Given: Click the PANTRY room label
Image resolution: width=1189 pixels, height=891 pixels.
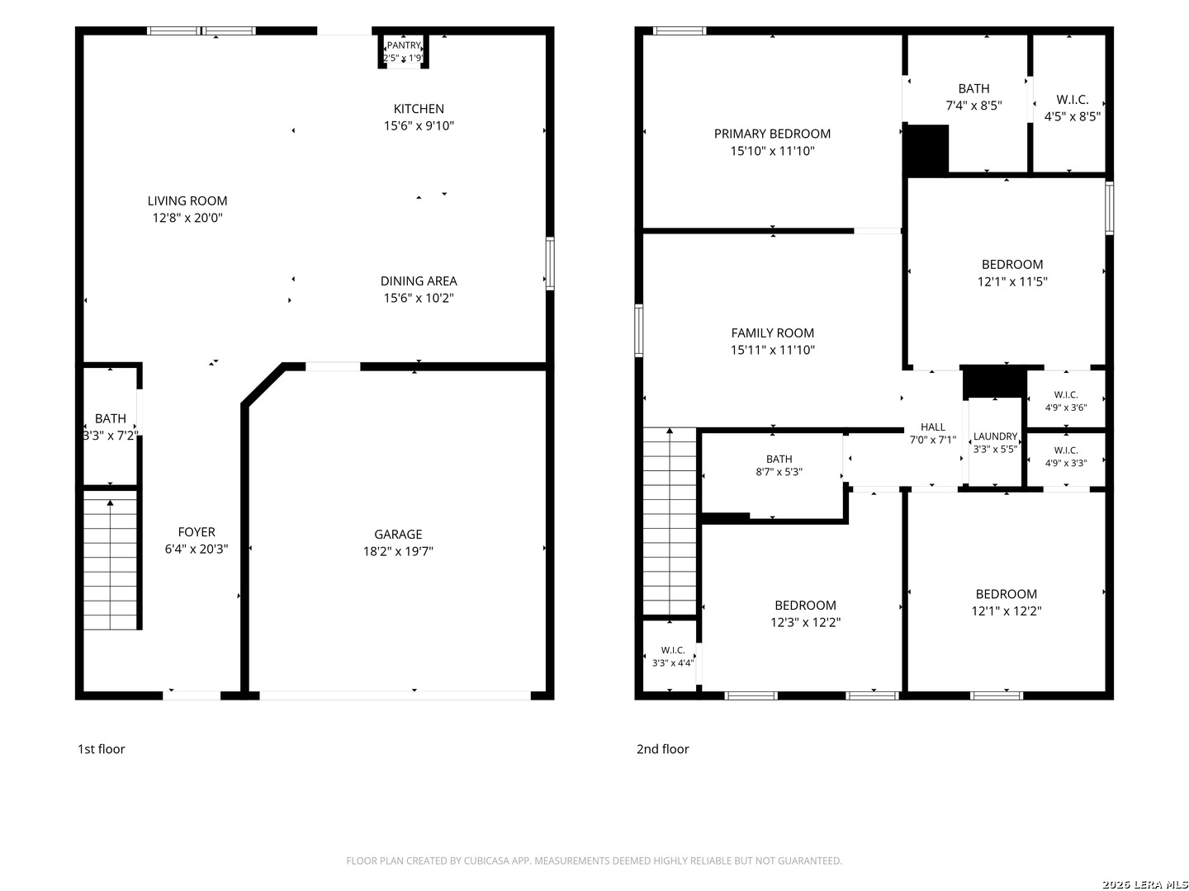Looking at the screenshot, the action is (x=404, y=45).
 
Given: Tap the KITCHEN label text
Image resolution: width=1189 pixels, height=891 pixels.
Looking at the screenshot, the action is (x=418, y=109).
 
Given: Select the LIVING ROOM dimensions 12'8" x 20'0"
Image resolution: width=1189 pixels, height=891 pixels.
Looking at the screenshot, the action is (x=187, y=218).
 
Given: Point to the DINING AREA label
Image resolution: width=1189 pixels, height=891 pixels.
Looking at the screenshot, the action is (x=418, y=280).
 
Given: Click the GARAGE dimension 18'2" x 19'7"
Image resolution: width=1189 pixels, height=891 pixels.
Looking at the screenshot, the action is (x=398, y=551).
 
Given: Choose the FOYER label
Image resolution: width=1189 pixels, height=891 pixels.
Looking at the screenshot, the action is (x=196, y=532).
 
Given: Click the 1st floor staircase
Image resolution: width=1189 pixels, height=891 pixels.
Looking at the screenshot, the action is (x=110, y=560).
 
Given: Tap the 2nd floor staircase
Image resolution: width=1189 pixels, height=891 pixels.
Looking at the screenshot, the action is (x=670, y=521).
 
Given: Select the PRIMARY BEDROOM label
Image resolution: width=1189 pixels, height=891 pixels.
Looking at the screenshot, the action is (x=772, y=134).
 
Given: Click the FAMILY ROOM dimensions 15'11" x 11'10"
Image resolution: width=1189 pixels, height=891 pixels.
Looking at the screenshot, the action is (x=773, y=350).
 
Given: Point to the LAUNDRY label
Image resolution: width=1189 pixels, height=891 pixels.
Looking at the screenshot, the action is (x=995, y=436).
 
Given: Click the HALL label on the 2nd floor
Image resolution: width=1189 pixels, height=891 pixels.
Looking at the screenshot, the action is (x=932, y=427).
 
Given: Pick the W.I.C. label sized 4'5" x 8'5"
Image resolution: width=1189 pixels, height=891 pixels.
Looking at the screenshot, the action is (x=1072, y=100).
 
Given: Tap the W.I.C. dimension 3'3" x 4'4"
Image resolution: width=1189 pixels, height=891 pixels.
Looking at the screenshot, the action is (x=673, y=663).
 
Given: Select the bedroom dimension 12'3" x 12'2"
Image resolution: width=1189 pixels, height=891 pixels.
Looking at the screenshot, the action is (x=806, y=622).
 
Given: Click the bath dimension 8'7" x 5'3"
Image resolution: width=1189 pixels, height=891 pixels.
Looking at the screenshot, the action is (x=779, y=472).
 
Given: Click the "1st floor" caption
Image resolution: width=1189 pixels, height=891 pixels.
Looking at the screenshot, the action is (x=102, y=749).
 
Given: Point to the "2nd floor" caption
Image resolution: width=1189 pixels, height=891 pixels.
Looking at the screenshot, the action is (x=662, y=749).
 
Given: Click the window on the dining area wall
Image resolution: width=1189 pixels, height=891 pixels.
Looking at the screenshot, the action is (x=550, y=263).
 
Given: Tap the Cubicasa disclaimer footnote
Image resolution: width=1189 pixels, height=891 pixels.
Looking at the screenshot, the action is (x=594, y=860).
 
